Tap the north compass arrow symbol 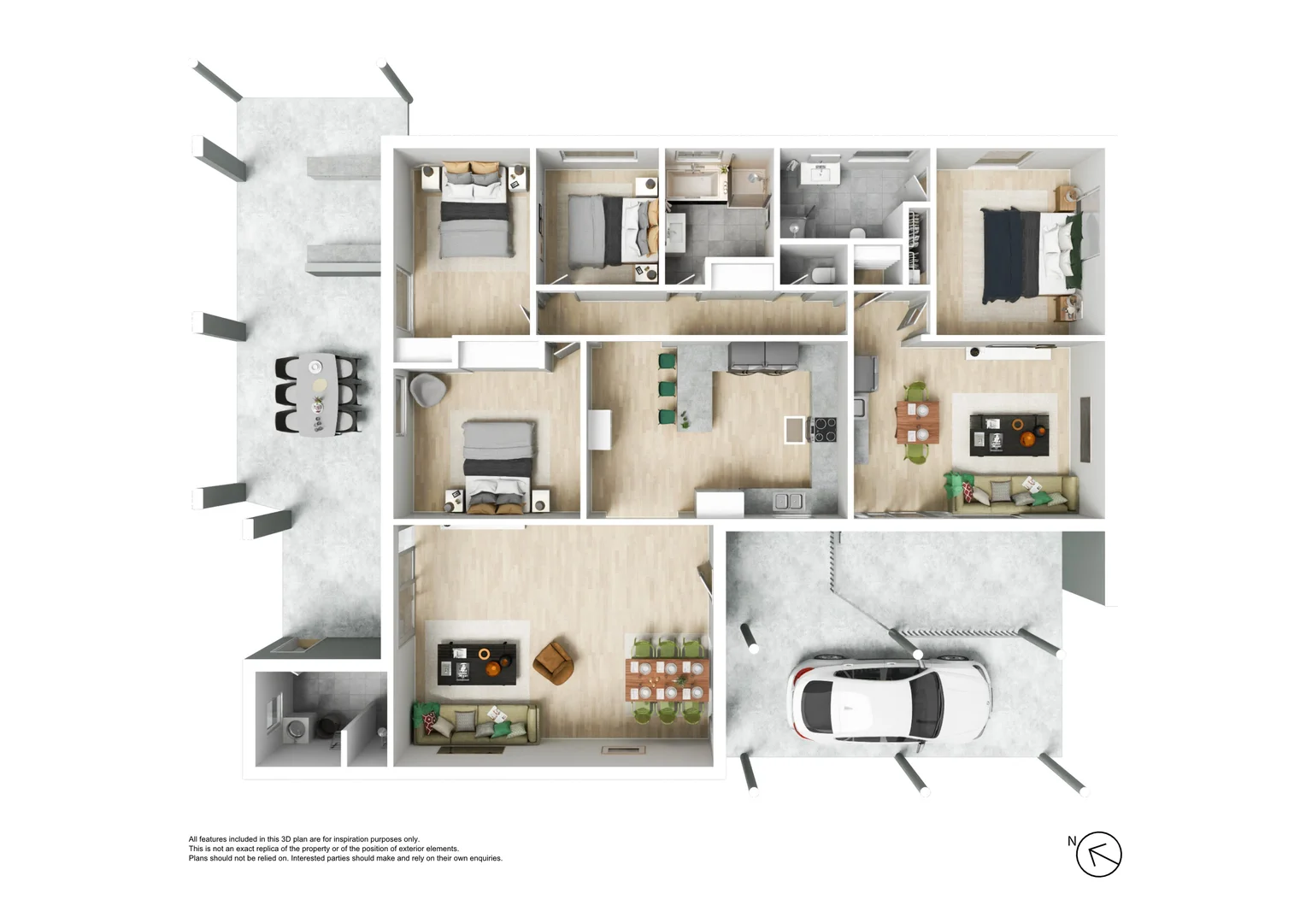[1098, 854]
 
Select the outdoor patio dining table [317, 394]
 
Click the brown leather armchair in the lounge [553, 663]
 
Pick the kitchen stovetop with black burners [824, 429]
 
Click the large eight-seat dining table [668, 679]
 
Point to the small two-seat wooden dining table [917, 422]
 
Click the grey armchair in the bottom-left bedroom [427, 390]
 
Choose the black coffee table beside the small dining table [1009, 433]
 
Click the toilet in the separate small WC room [822, 273]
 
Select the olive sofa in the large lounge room [475, 723]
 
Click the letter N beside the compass [1071, 841]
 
